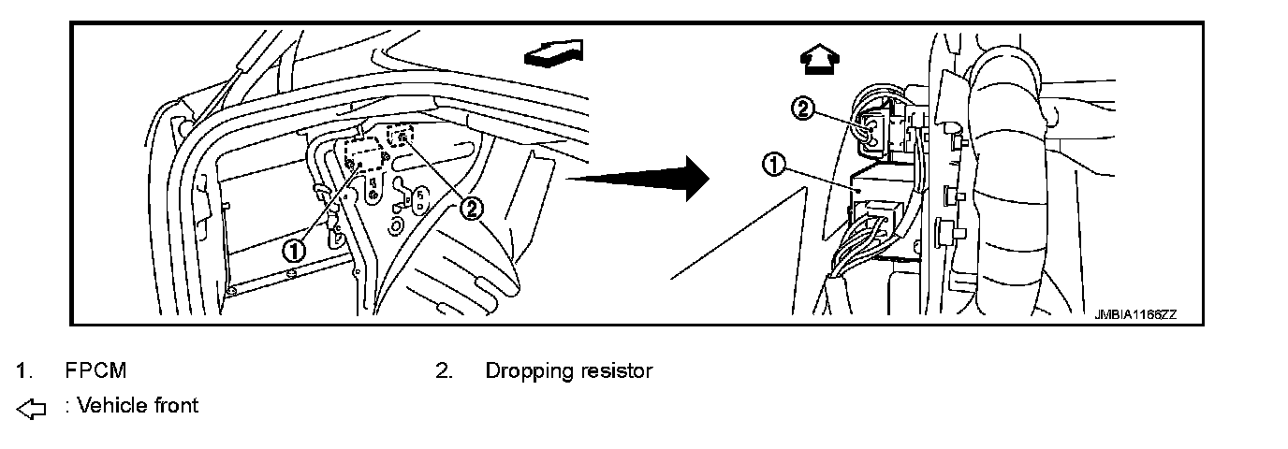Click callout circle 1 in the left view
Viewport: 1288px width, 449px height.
pyautogui.click(x=294, y=250)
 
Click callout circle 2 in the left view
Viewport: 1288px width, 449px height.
pyautogui.click(x=472, y=208)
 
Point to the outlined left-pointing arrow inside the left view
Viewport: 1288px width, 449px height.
pyautogui.click(x=554, y=53)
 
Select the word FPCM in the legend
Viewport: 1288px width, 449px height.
pyautogui.click(x=95, y=370)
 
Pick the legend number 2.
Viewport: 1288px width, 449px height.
pyautogui.click(x=444, y=370)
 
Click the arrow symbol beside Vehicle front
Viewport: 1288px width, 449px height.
pyautogui.click(x=31, y=408)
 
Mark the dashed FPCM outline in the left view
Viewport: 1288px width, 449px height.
pyautogui.click(x=364, y=152)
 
